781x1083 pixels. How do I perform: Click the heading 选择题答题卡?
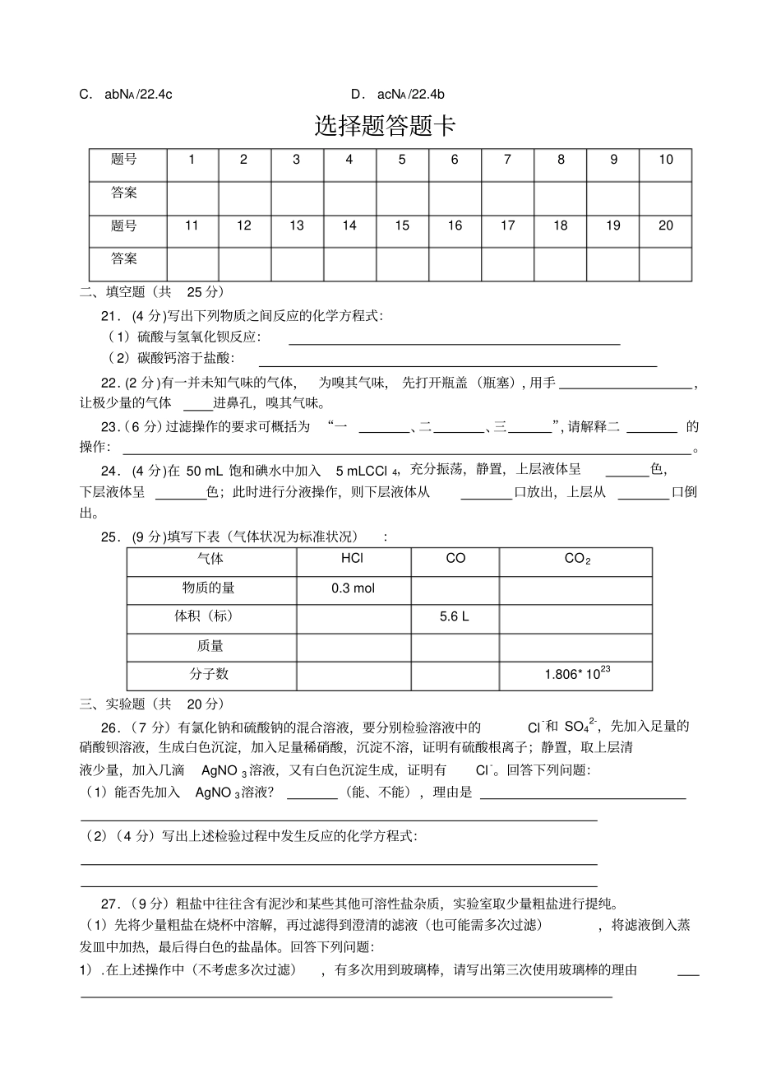pyautogui.click(x=385, y=126)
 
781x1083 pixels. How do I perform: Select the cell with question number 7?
pyautogui.click(x=507, y=160)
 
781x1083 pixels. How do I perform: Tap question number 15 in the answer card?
pyautogui.click(x=402, y=225)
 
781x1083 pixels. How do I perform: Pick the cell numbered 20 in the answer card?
pyautogui.click(x=665, y=225)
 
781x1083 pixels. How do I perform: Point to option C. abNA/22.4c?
pyautogui.click(x=125, y=94)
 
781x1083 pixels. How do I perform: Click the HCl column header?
pyautogui.click(x=353, y=558)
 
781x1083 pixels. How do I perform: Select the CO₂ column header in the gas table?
pyautogui.click(x=576, y=559)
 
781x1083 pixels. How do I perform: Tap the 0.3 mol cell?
pyautogui.click(x=353, y=588)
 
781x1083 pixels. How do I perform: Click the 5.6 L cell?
pyautogui.click(x=455, y=616)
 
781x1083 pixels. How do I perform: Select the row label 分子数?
pyautogui.click(x=210, y=674)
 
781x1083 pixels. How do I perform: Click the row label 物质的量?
pyautogui.click(x=210, y=588)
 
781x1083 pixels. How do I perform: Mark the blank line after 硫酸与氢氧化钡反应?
pyautogui.click(x=454, y=339)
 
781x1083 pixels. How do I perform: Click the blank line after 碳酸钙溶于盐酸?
pyautogui.click(x=457, y=360)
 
